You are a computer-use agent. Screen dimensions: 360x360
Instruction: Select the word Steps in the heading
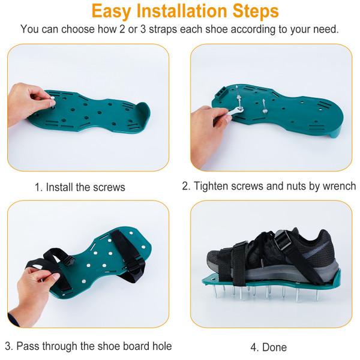[254, 11]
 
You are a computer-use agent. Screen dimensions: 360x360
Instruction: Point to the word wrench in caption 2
[338, 186]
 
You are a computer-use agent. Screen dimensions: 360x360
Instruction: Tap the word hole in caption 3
[160, 346]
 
